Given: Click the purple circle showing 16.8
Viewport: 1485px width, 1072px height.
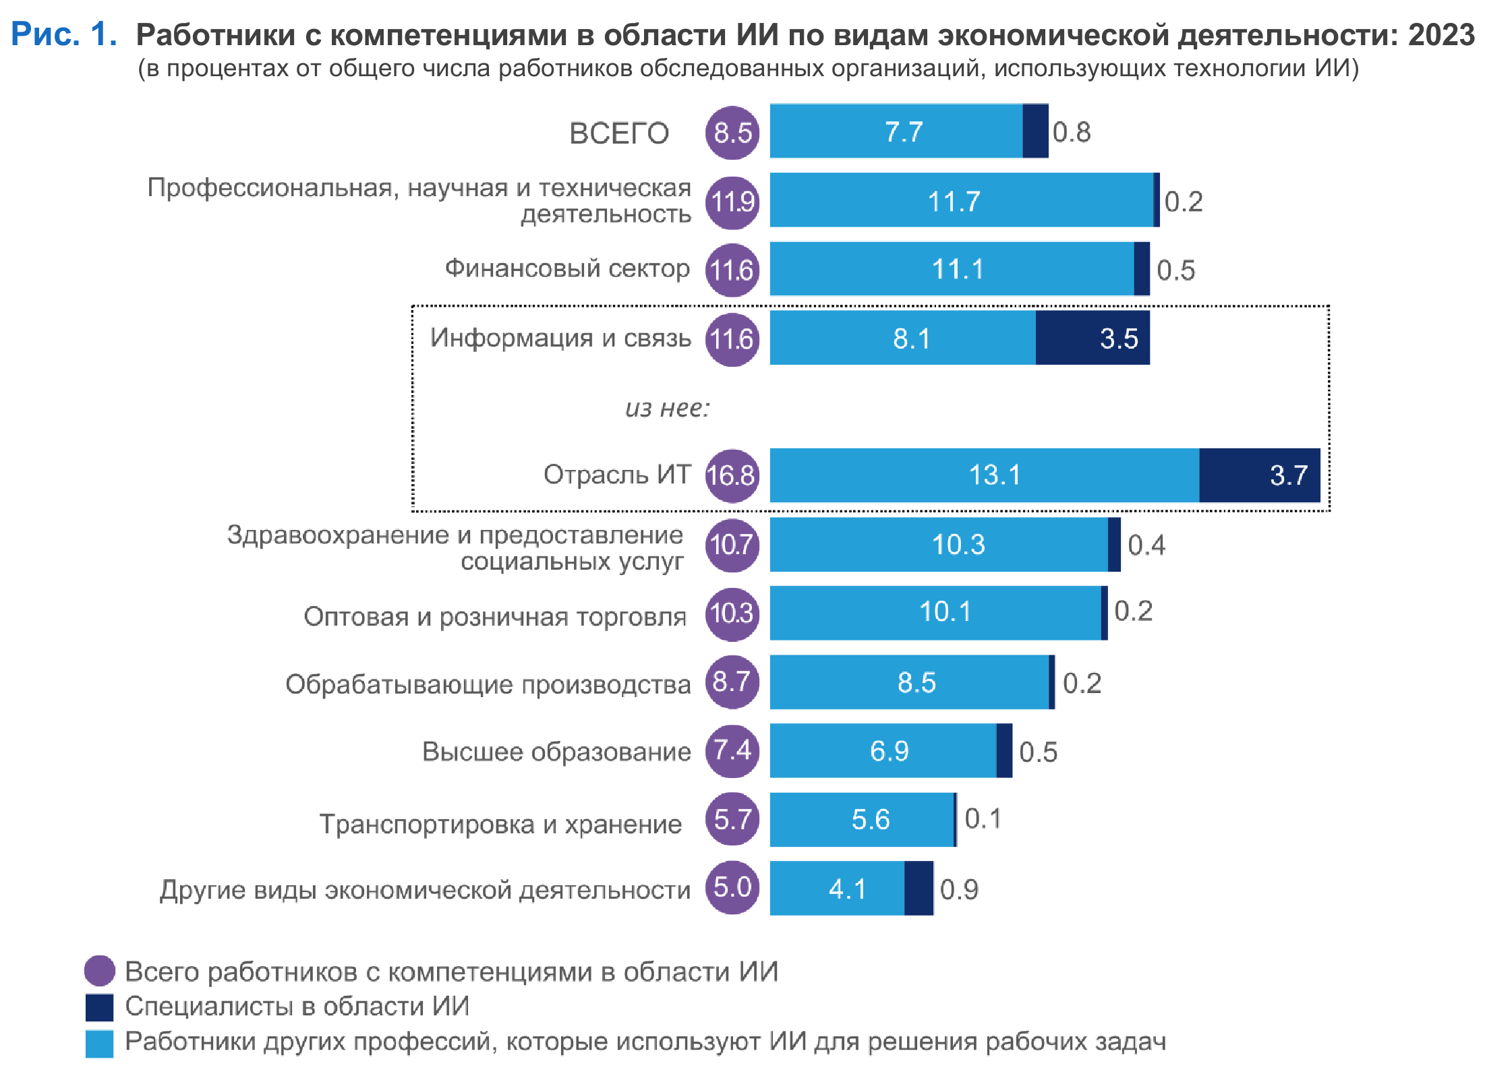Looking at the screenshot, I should point(732,475).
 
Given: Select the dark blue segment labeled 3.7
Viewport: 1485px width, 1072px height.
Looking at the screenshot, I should point(1259,475).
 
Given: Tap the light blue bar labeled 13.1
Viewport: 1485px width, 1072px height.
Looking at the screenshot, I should point(984,475).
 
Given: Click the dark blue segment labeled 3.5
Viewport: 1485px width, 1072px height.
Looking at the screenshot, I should point(1092,338).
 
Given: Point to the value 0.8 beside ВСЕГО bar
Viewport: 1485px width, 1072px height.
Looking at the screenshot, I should point(1071,132).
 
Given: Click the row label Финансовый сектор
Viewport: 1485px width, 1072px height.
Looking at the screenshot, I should point(567,268).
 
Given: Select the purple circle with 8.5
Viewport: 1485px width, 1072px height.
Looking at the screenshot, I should point(732,133).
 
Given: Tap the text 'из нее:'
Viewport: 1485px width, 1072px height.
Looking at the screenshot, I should point(667,408).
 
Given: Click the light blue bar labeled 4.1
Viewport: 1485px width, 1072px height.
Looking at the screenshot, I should point(836,888).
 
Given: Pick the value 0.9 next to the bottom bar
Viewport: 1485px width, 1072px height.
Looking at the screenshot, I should point(958,889).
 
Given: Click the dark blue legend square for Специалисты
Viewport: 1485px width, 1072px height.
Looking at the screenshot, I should point(99,1007).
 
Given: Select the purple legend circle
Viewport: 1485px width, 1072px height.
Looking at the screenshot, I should point(99,971).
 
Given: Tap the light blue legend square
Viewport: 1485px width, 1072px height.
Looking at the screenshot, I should point(99,1043).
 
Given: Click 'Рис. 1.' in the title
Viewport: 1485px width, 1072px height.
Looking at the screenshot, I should point(64,34).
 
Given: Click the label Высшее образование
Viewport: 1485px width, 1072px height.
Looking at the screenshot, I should point(556,751).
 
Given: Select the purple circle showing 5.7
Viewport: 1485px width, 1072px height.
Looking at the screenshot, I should point(732,819).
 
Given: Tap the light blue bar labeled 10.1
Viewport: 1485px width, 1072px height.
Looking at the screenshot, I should point(935,612).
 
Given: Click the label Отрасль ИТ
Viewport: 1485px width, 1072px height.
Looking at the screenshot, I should point(617,475).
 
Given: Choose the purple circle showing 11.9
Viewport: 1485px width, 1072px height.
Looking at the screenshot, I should point(732,202).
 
